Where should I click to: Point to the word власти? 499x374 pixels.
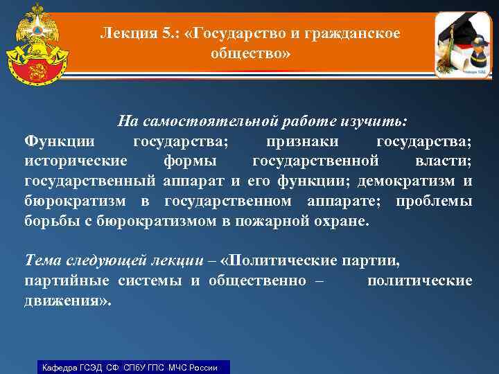[444, 162]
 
